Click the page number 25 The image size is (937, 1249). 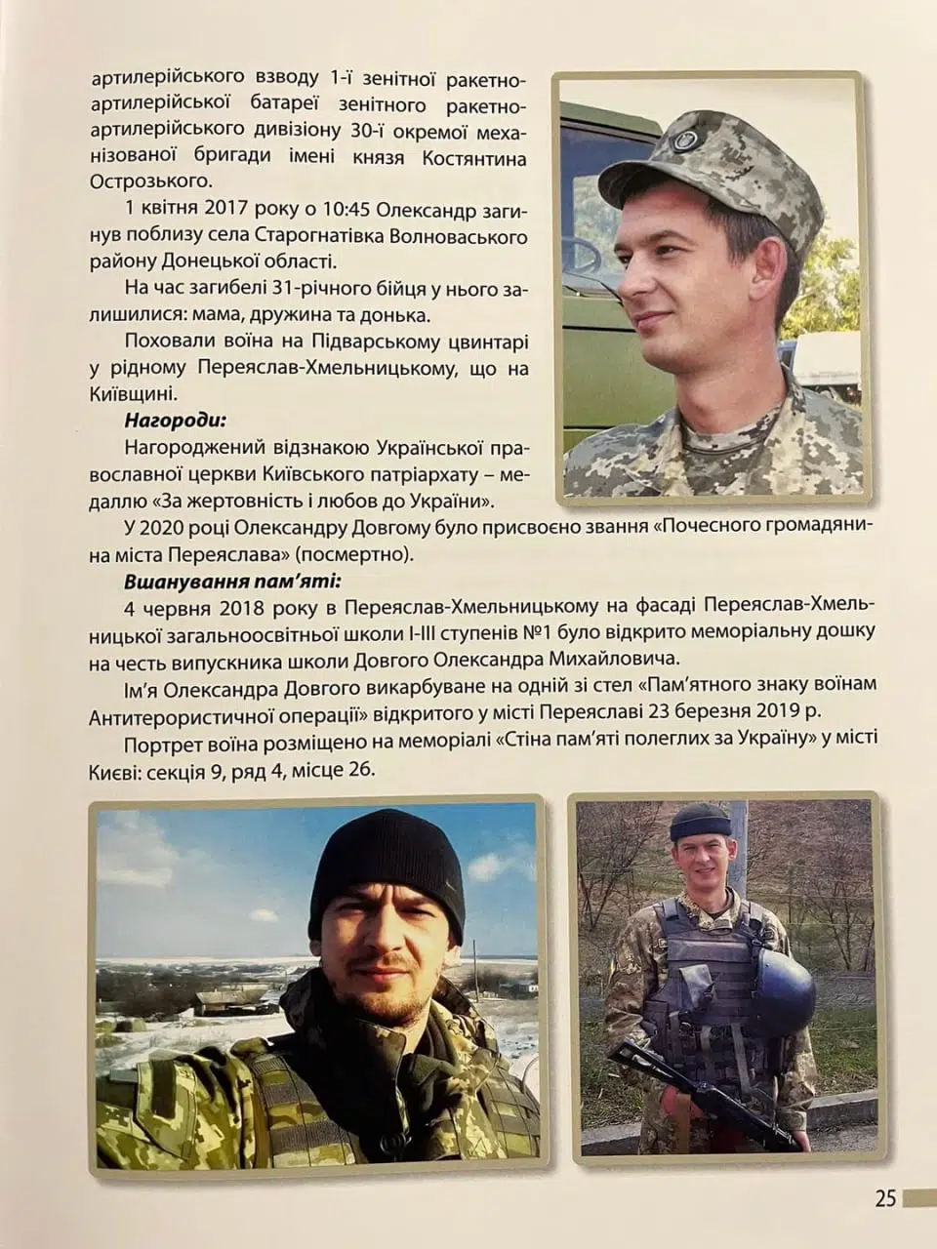pos(884,1197)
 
